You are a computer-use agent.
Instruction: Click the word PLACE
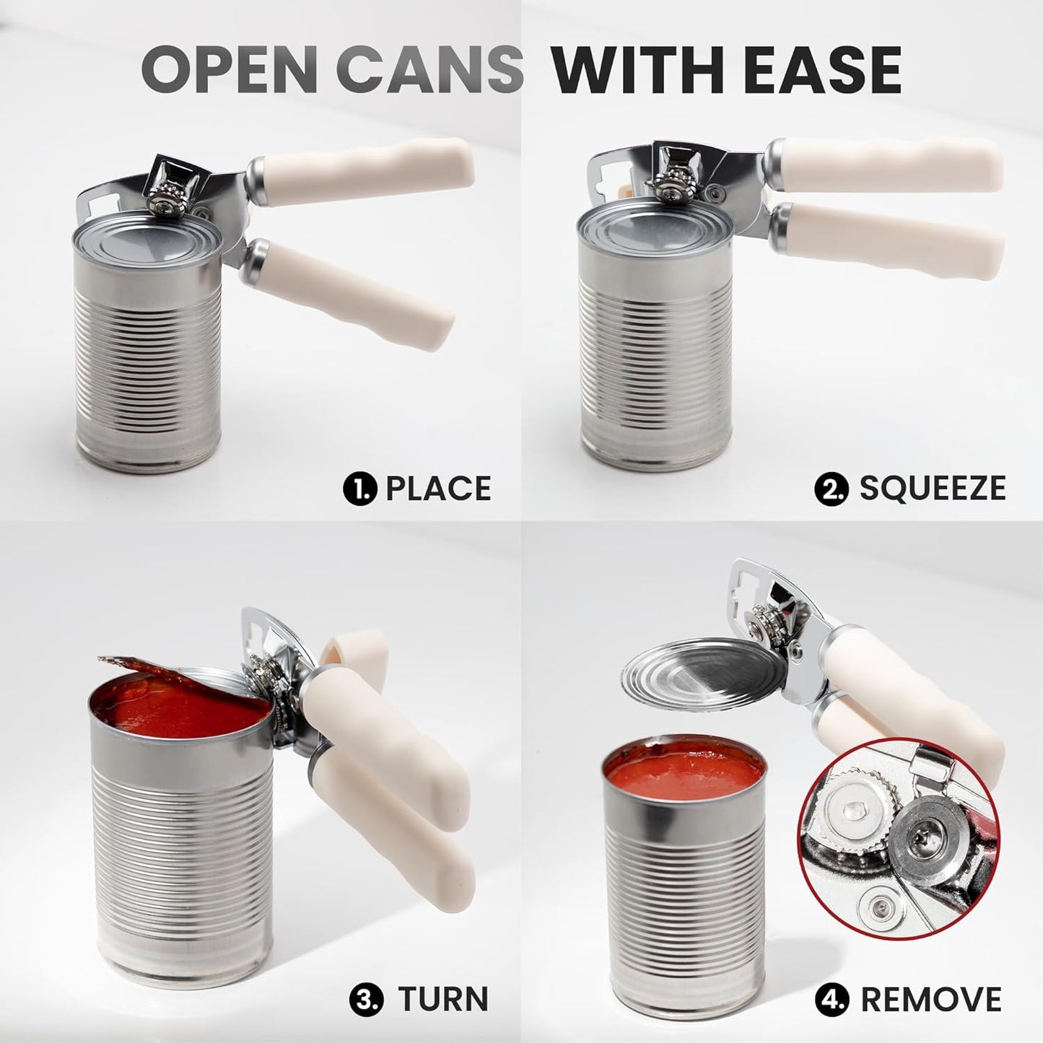click(438, 489)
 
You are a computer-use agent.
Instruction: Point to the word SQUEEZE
click(932, 489)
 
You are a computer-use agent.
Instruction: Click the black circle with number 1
click(359, 489)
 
